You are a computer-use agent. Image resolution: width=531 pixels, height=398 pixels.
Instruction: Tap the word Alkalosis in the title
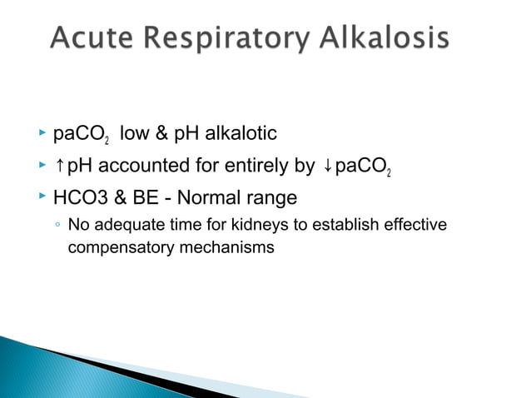[387, 38]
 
